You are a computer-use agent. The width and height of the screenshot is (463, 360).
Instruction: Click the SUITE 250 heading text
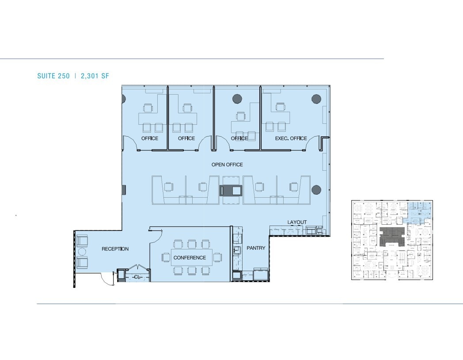(53, 76)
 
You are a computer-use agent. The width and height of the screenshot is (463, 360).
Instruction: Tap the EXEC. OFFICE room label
(291, 138)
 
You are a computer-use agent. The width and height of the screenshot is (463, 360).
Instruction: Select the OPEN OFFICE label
(227, 165)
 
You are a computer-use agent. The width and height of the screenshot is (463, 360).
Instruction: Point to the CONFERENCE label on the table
(190, 257)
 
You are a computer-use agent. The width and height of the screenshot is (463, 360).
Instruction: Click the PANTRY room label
(256, 248)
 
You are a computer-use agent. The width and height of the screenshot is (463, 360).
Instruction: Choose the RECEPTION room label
(115, 249)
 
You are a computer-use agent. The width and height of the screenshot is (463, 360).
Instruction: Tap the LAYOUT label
(297, 222)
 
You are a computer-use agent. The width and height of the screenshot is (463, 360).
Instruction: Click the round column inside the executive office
(316, 99)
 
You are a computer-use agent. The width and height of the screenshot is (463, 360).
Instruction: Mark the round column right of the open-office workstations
(316, 190)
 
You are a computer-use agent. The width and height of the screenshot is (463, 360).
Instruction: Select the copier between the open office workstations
(231, 191)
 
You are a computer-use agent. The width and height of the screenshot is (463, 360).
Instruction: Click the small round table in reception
(82, 252)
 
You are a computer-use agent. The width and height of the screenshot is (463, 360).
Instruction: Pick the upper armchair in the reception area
(82, 241)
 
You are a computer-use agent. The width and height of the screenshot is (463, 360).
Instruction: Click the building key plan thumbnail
(392, 240)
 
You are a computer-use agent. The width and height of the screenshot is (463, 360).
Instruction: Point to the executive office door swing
(314, 144)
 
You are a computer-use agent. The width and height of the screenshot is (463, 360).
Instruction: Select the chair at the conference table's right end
(217, 257)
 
